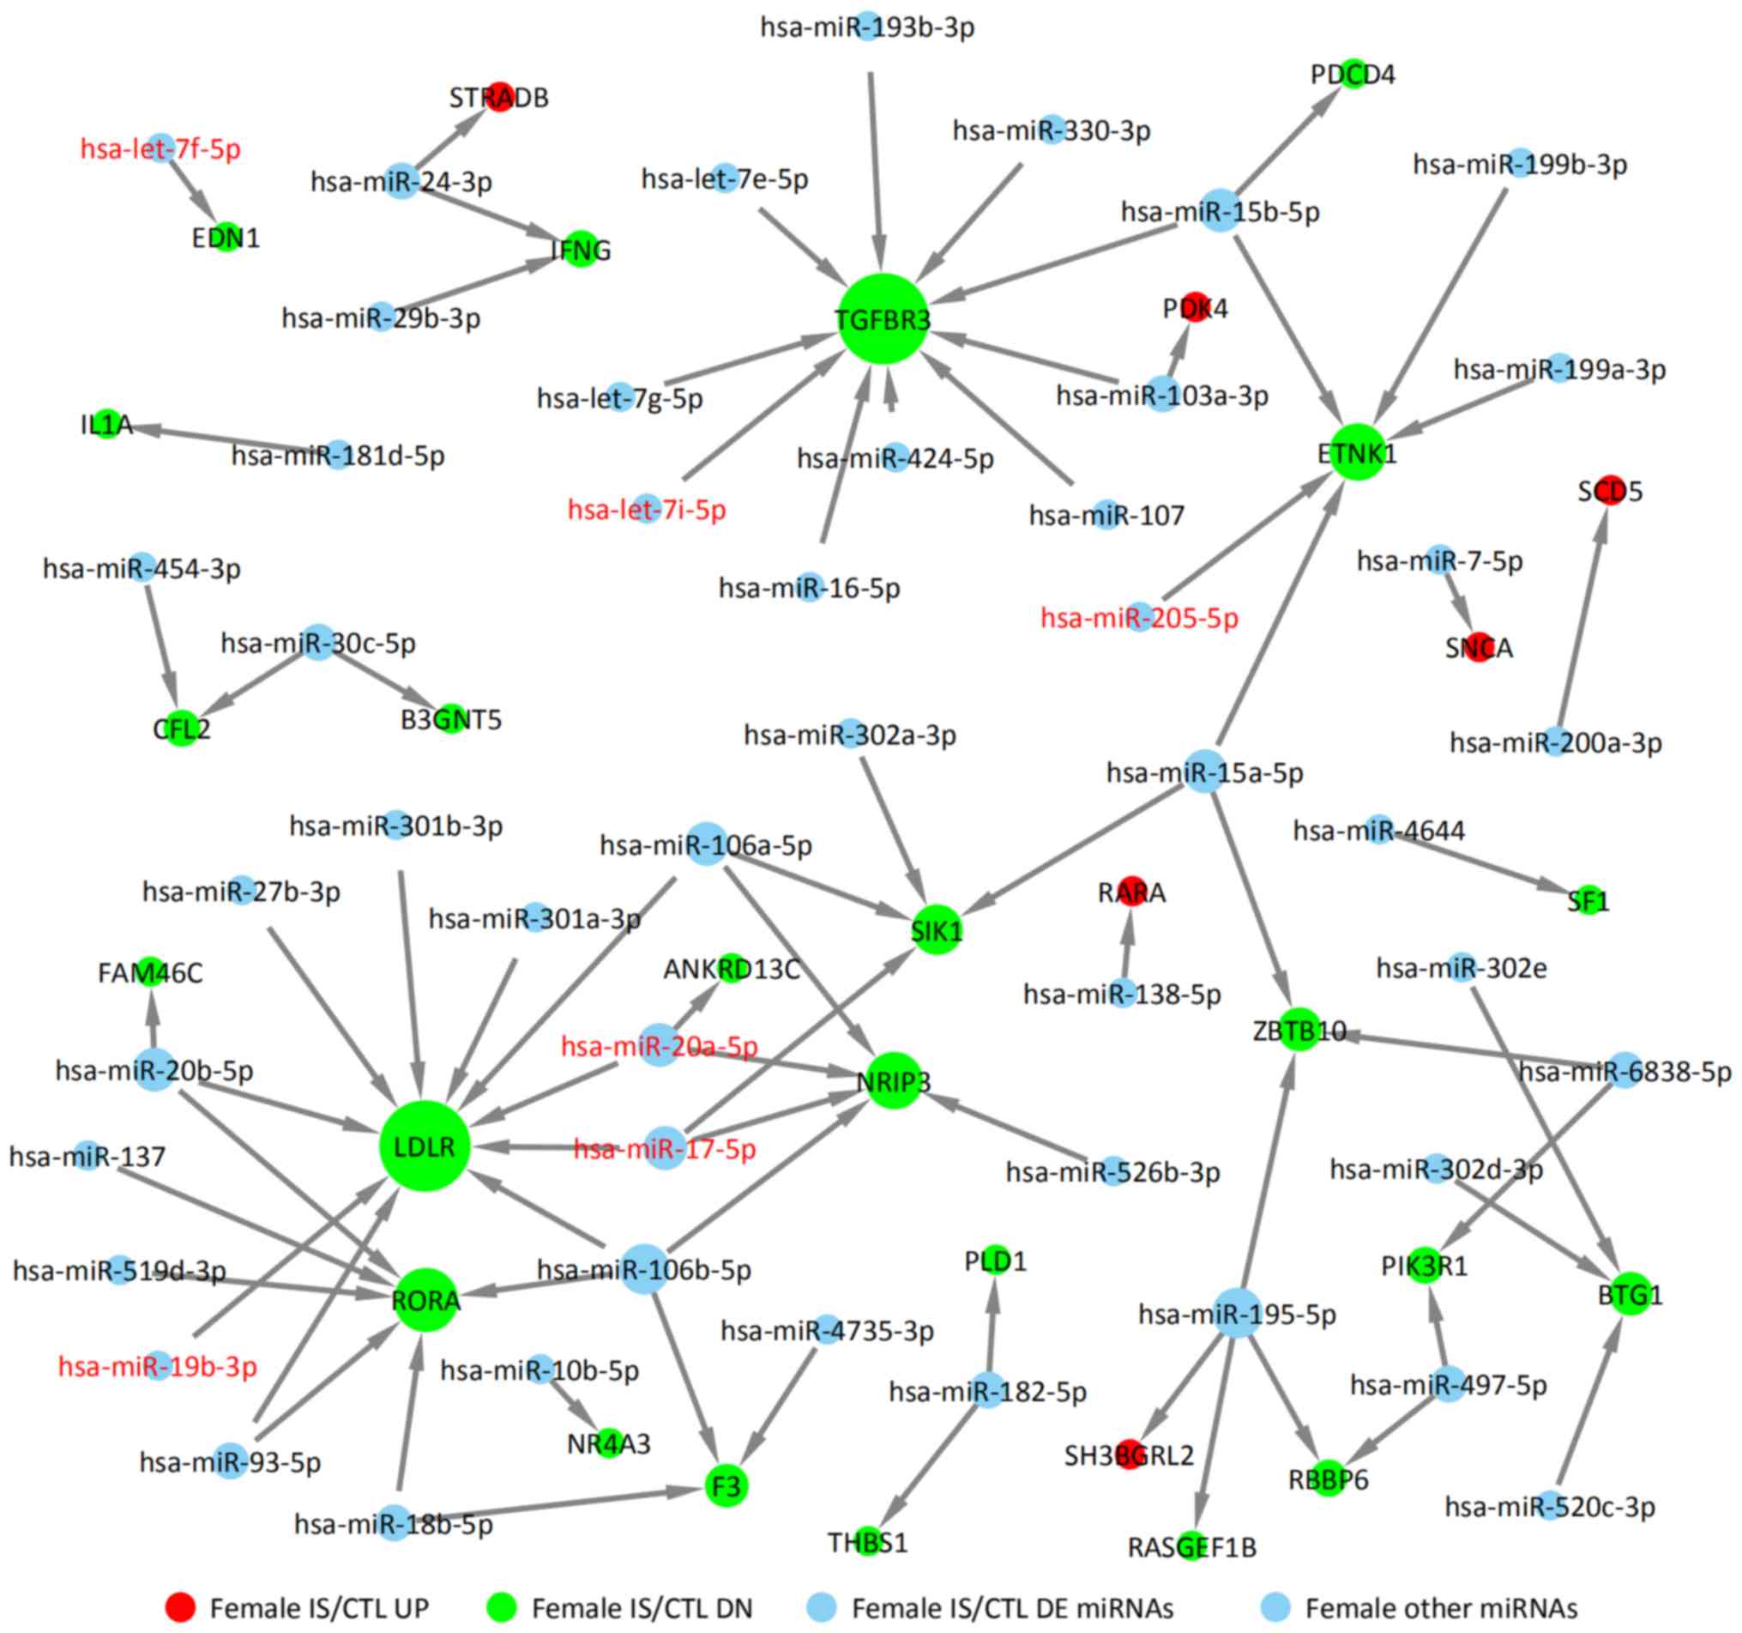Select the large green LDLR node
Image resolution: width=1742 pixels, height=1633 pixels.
[424, 1146]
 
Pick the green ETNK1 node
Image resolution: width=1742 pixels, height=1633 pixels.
[1358, 453]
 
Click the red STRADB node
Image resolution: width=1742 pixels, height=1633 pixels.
[499, 96]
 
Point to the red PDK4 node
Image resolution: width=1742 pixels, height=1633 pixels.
[1196, 308]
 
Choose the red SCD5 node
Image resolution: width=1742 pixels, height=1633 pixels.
[1610, 491]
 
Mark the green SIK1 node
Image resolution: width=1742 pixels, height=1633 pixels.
[936, 931]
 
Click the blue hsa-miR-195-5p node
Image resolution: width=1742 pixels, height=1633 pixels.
[1239, 1313]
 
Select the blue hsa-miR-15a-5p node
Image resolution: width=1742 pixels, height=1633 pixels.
[1205, 772]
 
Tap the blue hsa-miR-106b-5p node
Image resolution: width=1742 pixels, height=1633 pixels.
[644, 1268]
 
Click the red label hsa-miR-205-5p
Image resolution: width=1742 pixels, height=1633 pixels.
[1139, 618]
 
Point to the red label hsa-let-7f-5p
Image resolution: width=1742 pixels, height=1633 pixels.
[160, 149]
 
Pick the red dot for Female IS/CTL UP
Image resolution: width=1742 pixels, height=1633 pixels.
[180, 1607]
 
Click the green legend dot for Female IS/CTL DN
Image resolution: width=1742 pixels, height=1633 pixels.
[501, 1607]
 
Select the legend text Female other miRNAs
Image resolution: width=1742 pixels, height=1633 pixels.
[1441, 1608]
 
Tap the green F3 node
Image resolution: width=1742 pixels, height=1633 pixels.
[726, 1485]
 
